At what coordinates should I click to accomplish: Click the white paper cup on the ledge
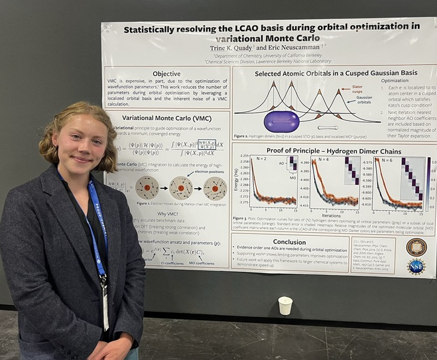point(284,305)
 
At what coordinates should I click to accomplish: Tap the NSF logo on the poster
point(416,267)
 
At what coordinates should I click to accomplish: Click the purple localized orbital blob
point(281,121)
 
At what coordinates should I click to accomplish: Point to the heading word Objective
point(166,74)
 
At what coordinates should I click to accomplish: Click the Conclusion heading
point(289,242)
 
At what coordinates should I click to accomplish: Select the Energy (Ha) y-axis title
point(236,181)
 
